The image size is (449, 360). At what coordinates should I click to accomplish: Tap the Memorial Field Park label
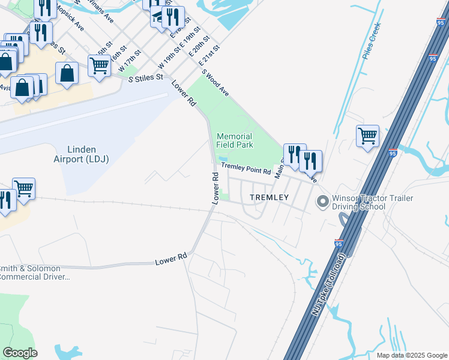coord(235,140)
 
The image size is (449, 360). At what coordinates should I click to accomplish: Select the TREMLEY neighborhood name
coord(269,197)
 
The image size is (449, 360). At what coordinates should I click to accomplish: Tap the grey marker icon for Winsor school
coord(323,202)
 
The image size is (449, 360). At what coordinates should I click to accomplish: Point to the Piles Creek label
coord(372,41)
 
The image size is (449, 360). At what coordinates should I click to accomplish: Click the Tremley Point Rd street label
coord(246,169)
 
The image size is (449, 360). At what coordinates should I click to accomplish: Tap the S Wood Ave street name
coord(215,83)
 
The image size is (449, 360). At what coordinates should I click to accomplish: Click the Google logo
coord(20,353)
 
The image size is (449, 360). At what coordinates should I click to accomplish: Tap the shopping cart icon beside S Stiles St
coord(99,65)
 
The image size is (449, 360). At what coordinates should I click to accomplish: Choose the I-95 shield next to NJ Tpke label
coord(339,244)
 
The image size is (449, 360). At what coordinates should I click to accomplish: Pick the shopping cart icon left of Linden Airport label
coord(23,187)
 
